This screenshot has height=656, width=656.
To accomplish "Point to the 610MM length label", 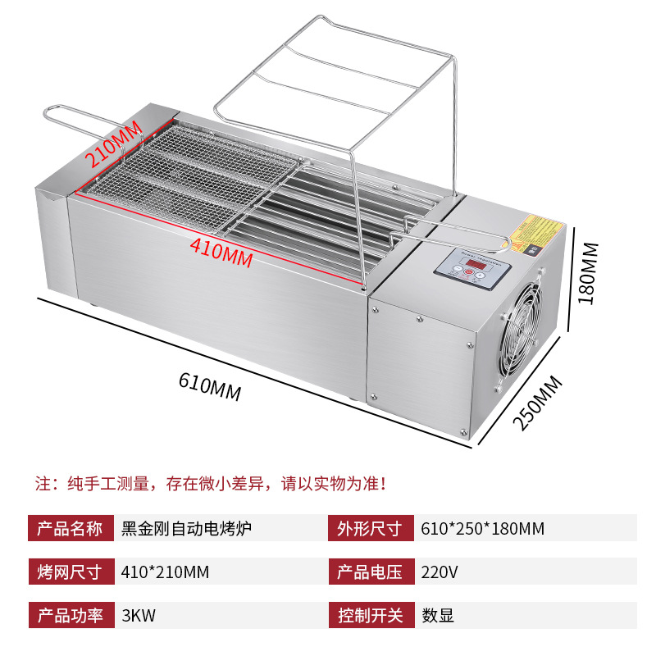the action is click(x=210, y=385).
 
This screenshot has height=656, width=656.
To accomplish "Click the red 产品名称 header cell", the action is click(x=71, y=528).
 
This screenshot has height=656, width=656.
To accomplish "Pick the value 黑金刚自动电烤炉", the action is click(x=186, y=528).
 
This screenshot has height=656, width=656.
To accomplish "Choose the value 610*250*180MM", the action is click(x=482, y=528).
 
